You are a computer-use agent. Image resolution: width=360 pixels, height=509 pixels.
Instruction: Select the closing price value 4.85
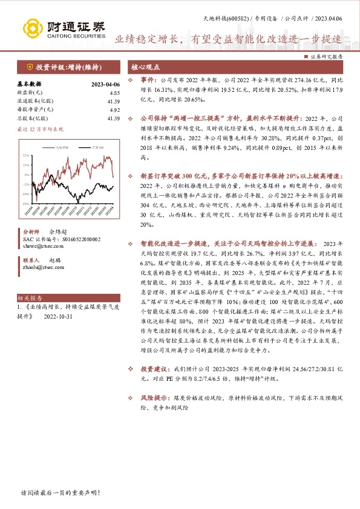[x=115, y=92]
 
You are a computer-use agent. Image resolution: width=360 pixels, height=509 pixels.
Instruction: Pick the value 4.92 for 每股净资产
[x=115, y=109]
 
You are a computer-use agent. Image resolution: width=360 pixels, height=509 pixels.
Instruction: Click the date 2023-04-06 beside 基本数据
[x=105, y=84]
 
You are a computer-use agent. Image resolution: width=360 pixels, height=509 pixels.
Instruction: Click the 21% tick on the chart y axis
[x=26, y=155]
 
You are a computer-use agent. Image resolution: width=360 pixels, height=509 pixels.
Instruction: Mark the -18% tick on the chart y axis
[x=25, y=203]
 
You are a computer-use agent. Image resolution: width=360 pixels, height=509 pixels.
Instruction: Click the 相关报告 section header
[x=29, y=298]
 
